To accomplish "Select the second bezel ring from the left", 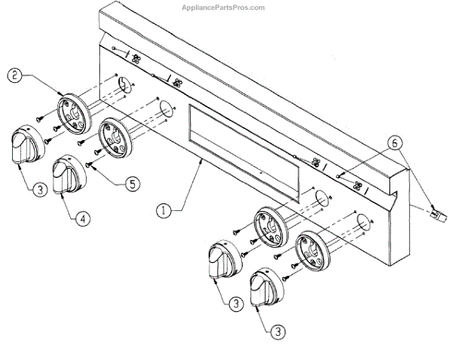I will (x=115, y=139).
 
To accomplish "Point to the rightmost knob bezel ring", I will (x=312, y=252).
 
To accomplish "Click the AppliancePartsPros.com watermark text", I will (x=224, y=8).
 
